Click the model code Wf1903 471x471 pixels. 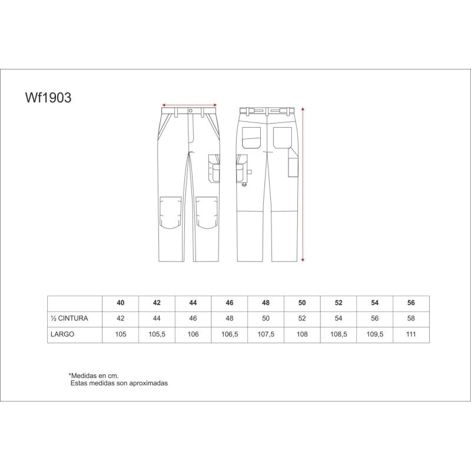tap(48, 98)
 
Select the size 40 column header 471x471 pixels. tap(121, 303)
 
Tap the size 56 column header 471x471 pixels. tap(411, 303)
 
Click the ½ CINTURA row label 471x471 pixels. tap(69, 319)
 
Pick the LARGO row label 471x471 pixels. tap(62, 334)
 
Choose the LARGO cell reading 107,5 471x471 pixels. tap(266, 334)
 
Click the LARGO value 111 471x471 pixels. tap(411, 334)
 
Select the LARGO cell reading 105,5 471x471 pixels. tap(157, 334)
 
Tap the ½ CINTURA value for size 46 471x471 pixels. tap(230, 319)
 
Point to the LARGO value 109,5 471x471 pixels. tap(374, 334)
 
